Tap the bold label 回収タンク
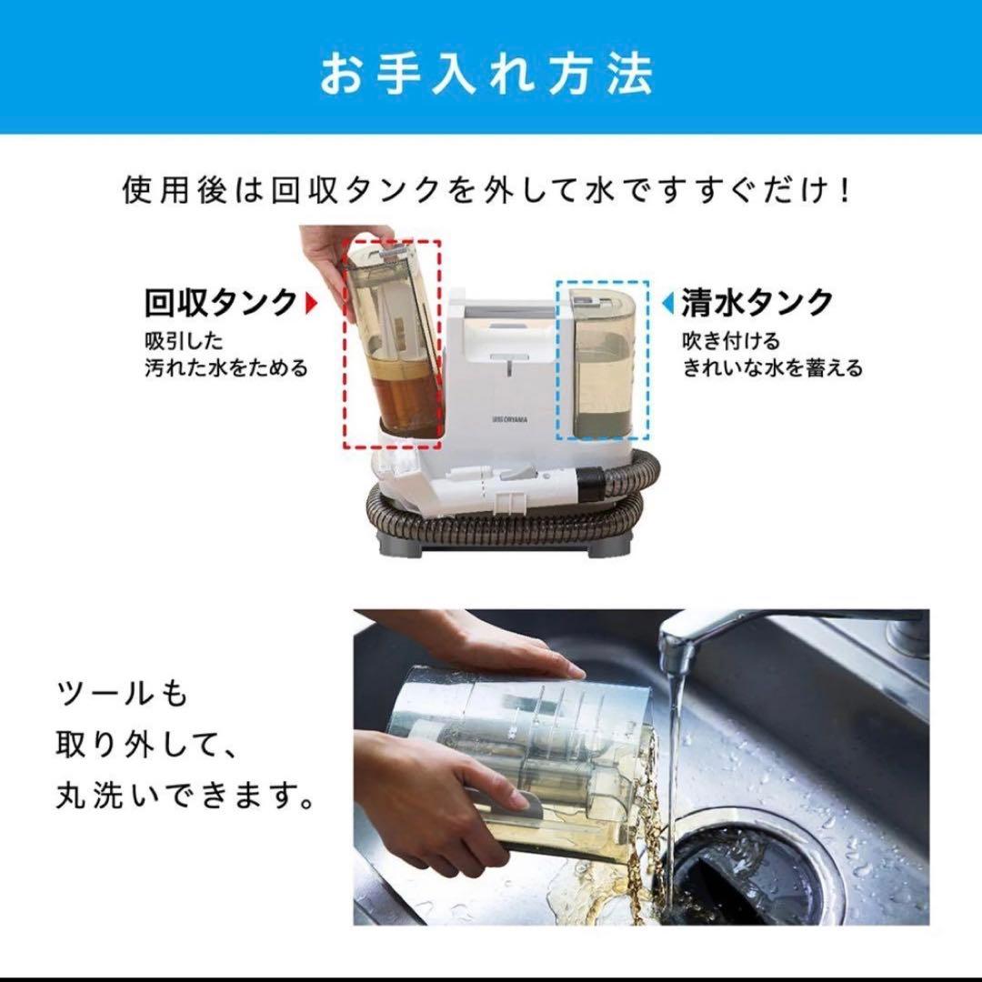tap(221, 301)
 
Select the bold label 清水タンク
tap(757, 302)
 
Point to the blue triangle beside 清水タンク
tap(667, 301)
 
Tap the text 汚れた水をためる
tap(225, 368)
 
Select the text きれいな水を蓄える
tap(773, 368)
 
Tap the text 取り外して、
tap(145, 747)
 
